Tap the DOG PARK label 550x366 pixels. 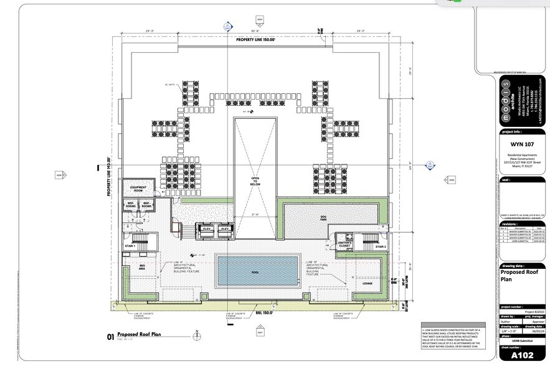point(323,218)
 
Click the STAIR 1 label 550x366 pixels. point(130,246)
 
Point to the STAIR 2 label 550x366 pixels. point(381,246)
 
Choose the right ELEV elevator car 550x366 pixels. point(225,228)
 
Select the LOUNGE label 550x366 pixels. point(367,283)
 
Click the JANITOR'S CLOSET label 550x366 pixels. point(345,243)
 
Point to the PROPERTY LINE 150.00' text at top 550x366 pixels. point(259,40)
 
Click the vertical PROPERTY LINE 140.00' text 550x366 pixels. point(108,176)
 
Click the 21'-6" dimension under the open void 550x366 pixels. point(255,215)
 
